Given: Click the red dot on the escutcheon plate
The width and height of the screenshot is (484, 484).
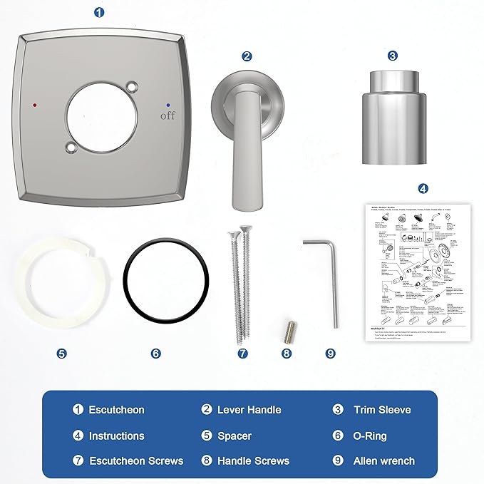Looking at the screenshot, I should [34, 105].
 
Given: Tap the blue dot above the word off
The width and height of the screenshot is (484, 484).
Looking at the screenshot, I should [168, 103].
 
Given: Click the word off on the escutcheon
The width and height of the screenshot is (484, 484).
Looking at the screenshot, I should [168, 115].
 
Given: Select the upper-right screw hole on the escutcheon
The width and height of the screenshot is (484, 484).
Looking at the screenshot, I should [131, 86].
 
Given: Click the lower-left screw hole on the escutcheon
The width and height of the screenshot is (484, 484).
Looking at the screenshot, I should [70, 148].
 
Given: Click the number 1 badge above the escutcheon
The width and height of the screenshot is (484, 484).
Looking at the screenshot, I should [98, 12].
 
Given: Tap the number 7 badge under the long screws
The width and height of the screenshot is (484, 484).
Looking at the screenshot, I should [242, 353].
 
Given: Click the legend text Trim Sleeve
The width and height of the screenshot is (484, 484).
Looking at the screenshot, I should [382, 410].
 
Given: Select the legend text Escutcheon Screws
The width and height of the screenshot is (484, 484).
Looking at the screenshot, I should [136, 461].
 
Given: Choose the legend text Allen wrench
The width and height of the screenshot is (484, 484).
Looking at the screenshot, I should [383, 461].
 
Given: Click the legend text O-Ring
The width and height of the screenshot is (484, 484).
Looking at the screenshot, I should [373, 436].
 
